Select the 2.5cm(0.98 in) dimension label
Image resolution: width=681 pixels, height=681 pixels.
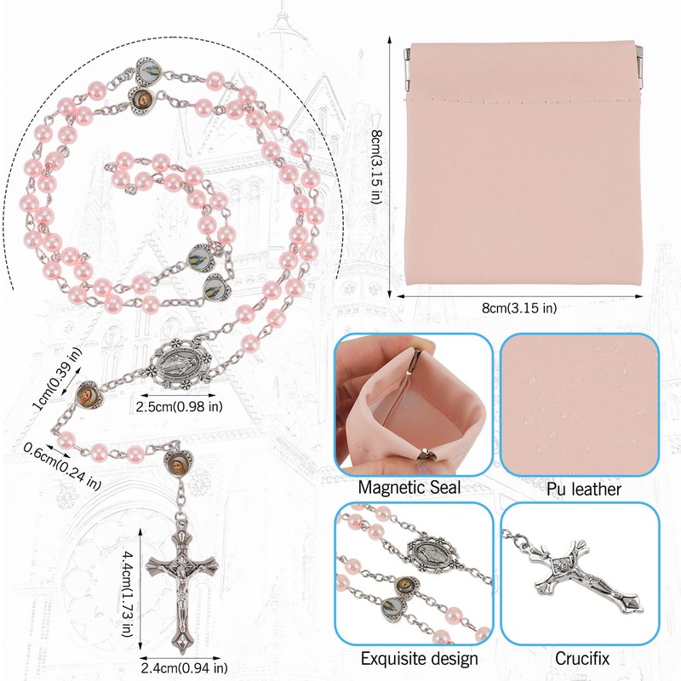click(179, 407)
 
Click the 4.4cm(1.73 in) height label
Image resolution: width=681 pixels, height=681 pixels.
click(126, 593)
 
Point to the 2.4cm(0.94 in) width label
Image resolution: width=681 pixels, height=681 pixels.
click(184, 667)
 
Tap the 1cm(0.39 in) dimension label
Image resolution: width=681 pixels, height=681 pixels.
click(56, 378)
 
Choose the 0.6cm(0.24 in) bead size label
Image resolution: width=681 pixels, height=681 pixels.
click(61, 466)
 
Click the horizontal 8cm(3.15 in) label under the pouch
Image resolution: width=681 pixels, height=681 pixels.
click(519, 308)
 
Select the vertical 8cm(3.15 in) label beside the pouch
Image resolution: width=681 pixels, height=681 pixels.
click(376, 167)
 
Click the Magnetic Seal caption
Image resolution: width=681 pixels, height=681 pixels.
click(409, 487)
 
